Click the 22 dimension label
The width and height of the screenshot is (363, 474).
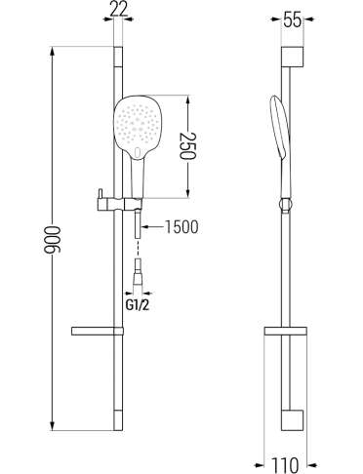click(118, 9)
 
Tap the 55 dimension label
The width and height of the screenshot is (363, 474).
click(293, 20)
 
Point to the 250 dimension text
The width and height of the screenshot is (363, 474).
click(188, 146)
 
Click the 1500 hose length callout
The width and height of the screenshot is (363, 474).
click(181, 227)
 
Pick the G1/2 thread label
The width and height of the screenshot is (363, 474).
click(138, 305)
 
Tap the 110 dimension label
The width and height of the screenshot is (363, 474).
click(286, 465)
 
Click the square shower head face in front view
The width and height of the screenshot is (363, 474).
click(138, 128)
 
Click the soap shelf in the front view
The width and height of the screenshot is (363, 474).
click(98, 332)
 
